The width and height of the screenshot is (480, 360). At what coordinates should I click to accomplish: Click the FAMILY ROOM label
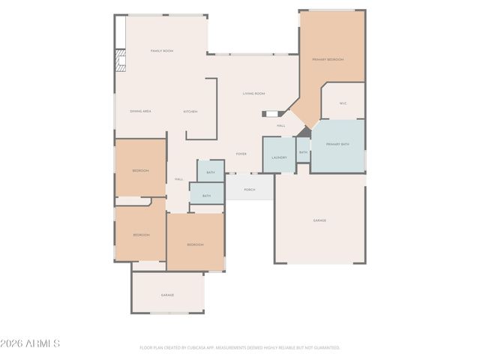pos(162,51)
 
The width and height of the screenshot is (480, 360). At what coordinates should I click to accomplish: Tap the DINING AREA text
pos(141,111)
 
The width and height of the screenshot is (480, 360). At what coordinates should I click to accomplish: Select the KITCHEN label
pos(190,111)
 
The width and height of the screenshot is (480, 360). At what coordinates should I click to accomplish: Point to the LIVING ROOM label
pos(253,94)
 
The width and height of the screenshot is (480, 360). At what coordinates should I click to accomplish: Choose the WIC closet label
pos(343,103)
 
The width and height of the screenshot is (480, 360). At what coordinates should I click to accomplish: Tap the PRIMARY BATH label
pos(337,143)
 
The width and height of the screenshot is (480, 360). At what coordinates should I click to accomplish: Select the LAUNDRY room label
pos(279,157)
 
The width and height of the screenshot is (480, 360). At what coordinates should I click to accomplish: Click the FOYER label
pos(241,154)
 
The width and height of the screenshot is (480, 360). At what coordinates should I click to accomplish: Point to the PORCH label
pos(249,190)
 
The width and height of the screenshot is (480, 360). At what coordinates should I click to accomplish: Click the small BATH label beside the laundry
pos(303,152)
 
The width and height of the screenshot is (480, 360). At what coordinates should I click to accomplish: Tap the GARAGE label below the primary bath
pos(319,220)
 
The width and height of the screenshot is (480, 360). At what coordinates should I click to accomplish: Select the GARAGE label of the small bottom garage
pos(167,295)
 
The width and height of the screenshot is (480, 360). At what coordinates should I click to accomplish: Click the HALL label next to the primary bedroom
pos(280,125)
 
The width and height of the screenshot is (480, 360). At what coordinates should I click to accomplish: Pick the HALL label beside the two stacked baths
pos(178,179)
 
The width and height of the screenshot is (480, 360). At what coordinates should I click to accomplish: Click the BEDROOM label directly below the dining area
pos(140,171)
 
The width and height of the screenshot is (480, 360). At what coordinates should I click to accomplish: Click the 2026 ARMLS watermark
pos(31,343)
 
